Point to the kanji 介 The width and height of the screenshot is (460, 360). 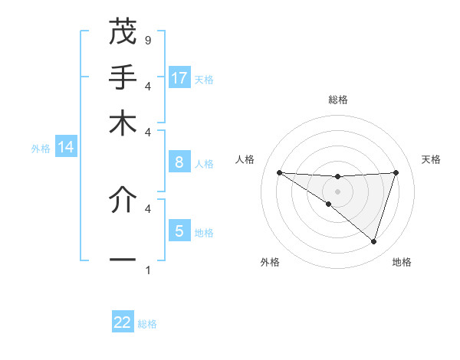click(x=123, y=200)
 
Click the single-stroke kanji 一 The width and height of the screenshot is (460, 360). click(x=123, y=261)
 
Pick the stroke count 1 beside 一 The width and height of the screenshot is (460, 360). click(x=147, y=270)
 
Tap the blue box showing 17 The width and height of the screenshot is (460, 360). click(x=179, y=77)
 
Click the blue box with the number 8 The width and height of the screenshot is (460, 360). click(x=179, y=162)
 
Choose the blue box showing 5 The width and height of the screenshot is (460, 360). click(x=179, y=231)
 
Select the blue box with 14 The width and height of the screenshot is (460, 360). click(x=66, y=147)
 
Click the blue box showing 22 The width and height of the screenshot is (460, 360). click(x=123, y=322)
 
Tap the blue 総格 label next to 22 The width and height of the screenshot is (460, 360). click(x=147, y=324)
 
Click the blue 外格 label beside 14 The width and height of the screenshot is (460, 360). click(x=41, y=149)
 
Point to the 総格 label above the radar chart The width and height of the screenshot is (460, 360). click(x=337, y=100)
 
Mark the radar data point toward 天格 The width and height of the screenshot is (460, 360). click(x=396, y=172)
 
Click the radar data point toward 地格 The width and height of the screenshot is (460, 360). click(x=373, y=241)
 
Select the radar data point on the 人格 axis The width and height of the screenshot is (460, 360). click(x=279, y=172)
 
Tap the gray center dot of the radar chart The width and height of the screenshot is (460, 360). click(x=337, y=191)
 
